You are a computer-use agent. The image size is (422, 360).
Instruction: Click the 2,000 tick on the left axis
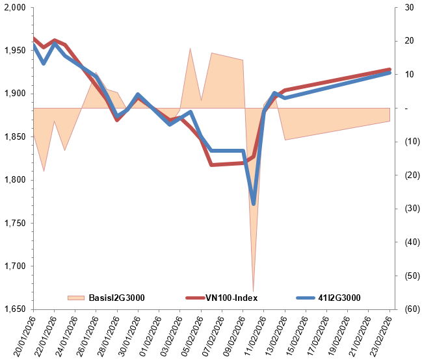pos(14,8)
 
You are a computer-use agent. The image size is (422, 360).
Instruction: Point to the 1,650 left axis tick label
pos(14,309)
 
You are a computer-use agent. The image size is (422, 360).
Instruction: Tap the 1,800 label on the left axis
pos(14,180)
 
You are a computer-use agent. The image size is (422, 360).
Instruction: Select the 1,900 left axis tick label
pos(14,94)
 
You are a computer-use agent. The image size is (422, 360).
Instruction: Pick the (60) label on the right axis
pos(409,309)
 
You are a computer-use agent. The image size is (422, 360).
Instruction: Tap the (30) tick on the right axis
pos(409,209)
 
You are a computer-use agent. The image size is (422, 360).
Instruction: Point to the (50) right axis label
pos(409,276)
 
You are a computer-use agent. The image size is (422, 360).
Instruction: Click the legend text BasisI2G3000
pos(116,298)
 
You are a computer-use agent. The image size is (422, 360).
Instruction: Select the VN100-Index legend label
pos(232,298)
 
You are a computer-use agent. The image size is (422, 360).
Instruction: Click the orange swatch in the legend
pos(76,298)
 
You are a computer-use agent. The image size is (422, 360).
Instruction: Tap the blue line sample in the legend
pos(306,298)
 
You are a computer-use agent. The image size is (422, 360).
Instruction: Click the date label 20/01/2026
pos(25,335)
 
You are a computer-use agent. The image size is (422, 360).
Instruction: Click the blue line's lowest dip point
pos(254,204)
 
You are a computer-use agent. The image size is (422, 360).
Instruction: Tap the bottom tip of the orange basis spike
pos(253,290)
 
